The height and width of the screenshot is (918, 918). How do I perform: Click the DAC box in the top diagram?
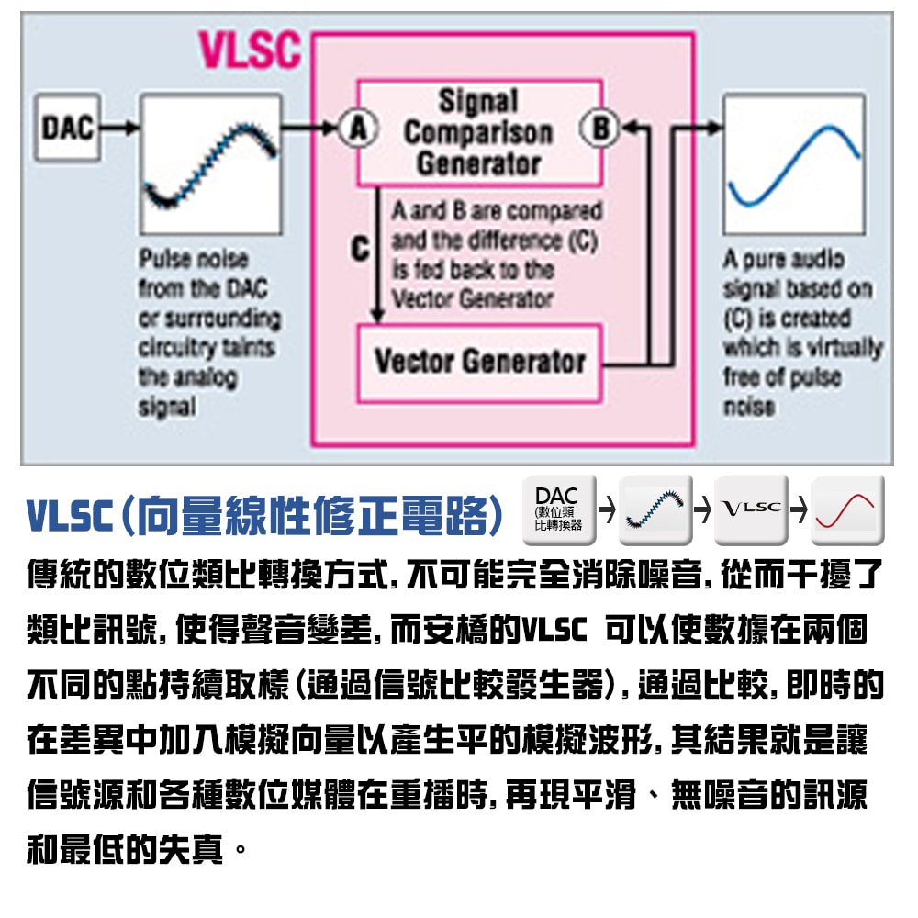(x=68, y=127)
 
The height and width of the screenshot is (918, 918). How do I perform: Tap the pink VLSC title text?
(x=250, y=51)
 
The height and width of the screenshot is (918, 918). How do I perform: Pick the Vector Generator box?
(x=479, y=362)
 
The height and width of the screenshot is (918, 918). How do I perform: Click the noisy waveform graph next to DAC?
(x=210, y=163)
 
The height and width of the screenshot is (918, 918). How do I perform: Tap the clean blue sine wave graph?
(x=794, y=163)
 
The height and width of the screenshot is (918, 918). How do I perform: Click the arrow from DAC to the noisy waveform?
(x=119, y=127)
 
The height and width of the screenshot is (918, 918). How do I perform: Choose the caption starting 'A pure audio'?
(x=801, y=332)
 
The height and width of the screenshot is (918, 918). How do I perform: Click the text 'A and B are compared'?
(x=497, y=211)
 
